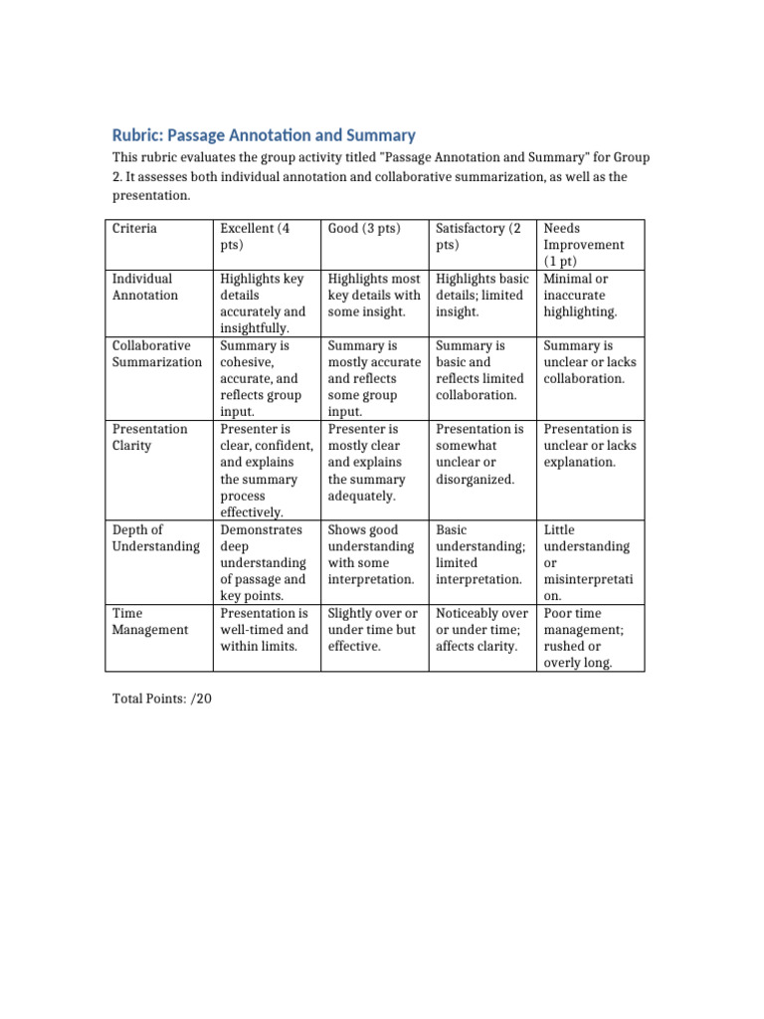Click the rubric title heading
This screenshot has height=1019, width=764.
pyautogui.click(x=264, y=135)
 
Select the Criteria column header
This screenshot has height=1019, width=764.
pyautogui.click(x=134, y=228)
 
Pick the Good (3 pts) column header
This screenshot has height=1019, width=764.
pyautogui.click(x=364, y=228)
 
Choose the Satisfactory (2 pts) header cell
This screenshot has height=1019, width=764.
pyautogui.click(x=478, y=236)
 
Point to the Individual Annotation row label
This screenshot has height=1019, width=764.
pyautogui.click(x=145, y=287)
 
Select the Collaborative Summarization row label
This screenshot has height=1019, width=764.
pyautogui.click(x=156, y=354)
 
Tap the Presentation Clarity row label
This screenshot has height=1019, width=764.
pyautogui.click(x=149, y=437)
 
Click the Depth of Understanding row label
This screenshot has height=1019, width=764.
pyautogui.click(x=155, y=538)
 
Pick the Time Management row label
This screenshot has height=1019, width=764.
pyautogui.click(x=149, y=622)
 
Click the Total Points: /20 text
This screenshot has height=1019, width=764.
pyautogui.click(x=162, y=699)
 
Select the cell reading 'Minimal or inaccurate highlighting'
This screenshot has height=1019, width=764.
pyautogui.click(x=580, y=296)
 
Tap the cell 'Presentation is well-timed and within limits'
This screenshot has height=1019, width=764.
pyautogui.click(x=264, y=630)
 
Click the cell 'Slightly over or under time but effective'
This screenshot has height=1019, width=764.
pyautogui.click(x=372, y=630)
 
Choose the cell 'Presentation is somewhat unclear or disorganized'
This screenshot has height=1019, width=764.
pyautogui.click(x=479, y=454)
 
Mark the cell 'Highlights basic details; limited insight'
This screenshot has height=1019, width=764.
pyautogui.click(x=481, y=296)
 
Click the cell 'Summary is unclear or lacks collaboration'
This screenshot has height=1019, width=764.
pyautogui.click(x=589, y=362)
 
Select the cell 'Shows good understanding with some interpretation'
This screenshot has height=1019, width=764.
pyautogui.click(x=371, y=554)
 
